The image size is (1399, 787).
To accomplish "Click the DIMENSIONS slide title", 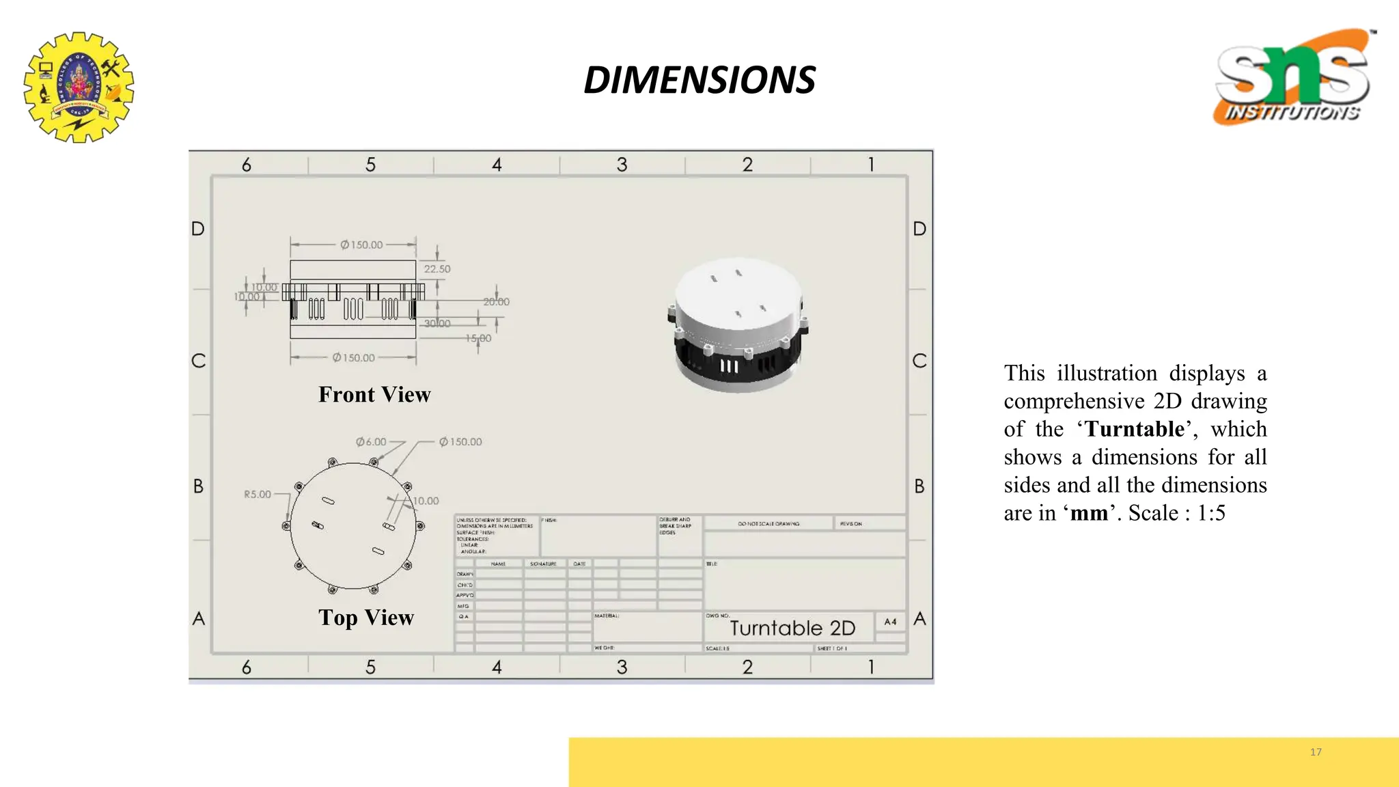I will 699,80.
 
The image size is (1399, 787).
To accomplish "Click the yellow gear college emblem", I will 79,87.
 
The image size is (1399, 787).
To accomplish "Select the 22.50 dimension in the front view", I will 437,269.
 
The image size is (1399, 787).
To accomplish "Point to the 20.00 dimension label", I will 497,302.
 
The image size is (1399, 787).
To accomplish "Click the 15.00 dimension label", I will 478,338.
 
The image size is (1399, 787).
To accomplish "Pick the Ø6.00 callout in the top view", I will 371,442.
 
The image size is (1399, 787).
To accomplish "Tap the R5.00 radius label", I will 258,494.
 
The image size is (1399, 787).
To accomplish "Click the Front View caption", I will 374,395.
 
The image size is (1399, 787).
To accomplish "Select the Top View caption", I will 366,618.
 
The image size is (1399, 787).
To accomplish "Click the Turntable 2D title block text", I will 792,628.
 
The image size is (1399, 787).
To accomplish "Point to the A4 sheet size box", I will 890,622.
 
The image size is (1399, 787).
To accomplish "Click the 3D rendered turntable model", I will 738,325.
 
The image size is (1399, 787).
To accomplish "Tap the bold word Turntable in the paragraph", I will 1135,429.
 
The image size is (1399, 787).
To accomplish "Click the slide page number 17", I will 1316,752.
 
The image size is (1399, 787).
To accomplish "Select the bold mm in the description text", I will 1089,513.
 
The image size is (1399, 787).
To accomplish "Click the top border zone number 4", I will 497,165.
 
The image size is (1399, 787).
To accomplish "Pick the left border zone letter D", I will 198,229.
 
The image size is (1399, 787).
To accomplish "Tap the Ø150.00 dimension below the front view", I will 354,358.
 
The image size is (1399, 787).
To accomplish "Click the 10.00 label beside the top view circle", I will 426,501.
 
